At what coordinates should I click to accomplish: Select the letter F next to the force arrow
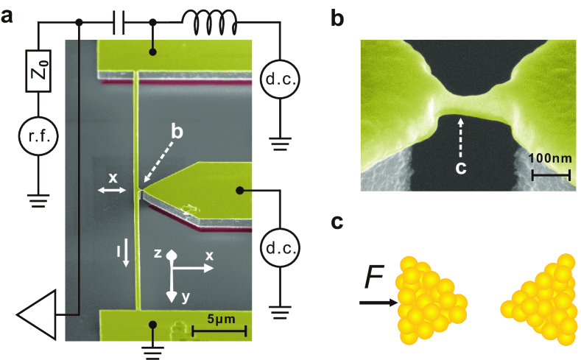(x=374, y=280)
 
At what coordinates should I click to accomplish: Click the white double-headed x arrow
(x=112, y=191)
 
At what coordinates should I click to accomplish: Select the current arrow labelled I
(x=126, y=253)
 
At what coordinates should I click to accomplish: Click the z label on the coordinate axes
(x=158, y=253)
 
